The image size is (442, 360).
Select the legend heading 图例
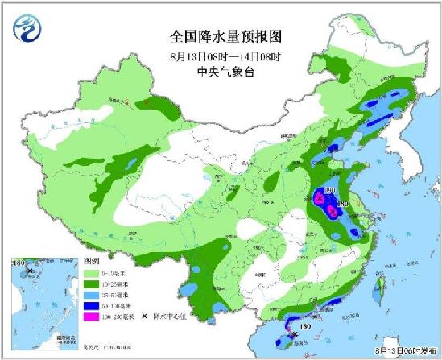tap(91, 263)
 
